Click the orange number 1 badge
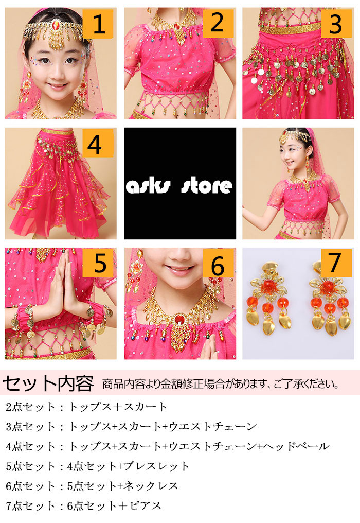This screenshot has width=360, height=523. tap(98, 24)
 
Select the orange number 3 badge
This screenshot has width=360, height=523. tap(336, 23)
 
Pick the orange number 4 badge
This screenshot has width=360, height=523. tap(98, 143)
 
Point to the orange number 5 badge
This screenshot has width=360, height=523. tap(98, 263)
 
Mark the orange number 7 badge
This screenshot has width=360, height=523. tap(336, 263)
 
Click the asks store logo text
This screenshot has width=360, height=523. tap(179, 186)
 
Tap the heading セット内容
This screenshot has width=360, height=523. tap(48, 383)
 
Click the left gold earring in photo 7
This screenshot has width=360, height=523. tap(269, 299)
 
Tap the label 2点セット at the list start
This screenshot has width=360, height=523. tap(30, 407)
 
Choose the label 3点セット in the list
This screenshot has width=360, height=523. tap(30, 426)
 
